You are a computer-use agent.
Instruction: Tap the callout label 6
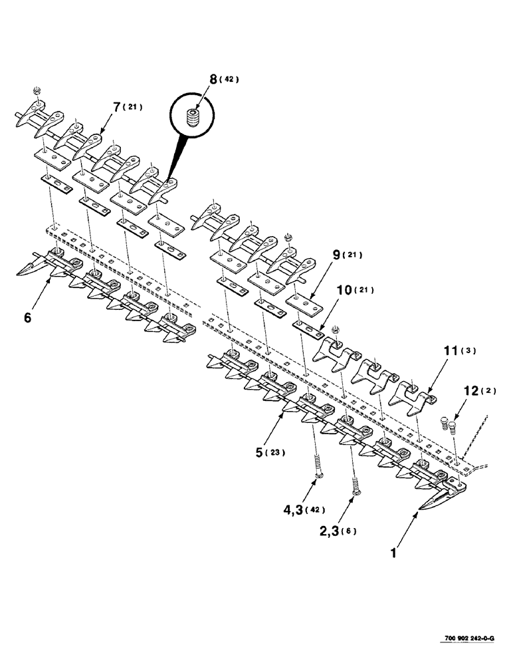pos(27,319)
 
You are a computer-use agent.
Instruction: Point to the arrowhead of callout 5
pos(288,412)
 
